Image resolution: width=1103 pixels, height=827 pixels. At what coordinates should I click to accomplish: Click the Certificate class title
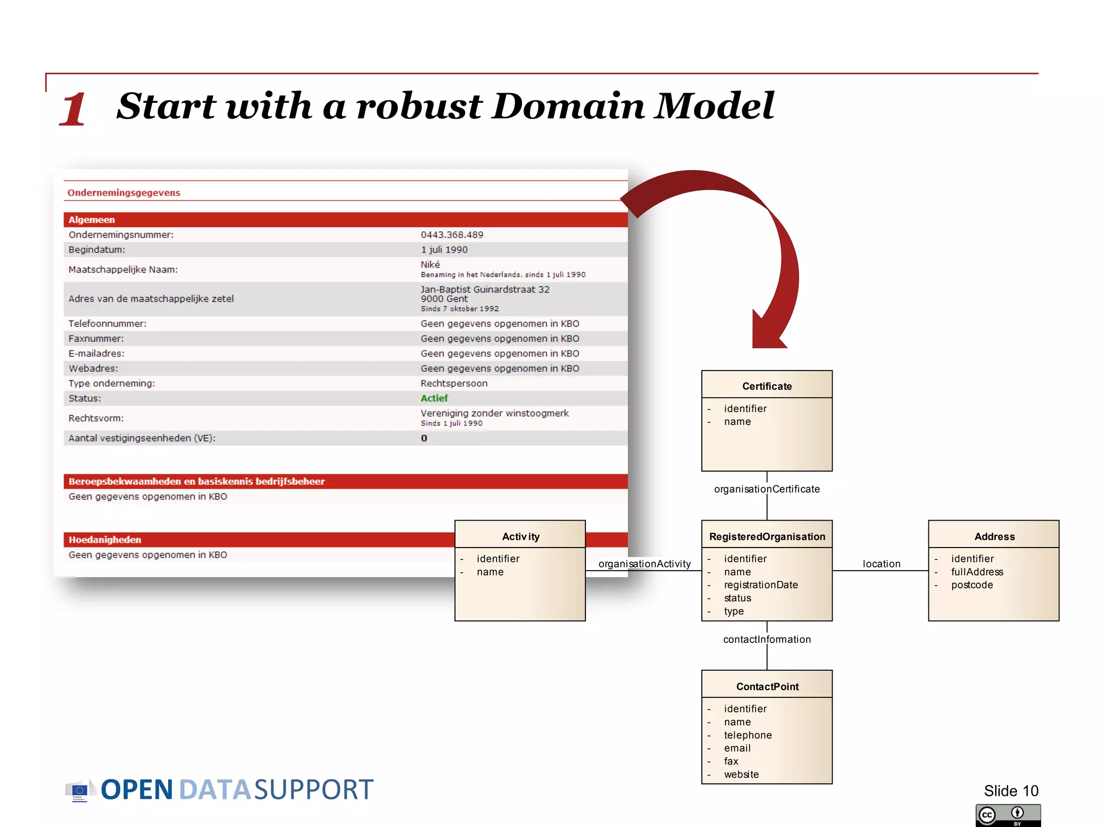(766, 386)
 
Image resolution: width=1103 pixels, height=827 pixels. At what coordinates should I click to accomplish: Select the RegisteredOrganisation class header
(767, 536)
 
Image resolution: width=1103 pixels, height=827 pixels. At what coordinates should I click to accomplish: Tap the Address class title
(994, 536)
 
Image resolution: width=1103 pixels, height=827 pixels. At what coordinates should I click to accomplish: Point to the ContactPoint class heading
(767, 686)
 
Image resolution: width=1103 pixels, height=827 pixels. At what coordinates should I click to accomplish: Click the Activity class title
(520, 536)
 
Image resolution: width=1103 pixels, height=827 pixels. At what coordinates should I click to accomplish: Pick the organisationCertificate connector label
(767, 489)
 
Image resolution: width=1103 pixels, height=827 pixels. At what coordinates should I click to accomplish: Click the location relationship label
(881, 564)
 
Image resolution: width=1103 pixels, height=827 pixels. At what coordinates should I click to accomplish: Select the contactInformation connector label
(767, 639)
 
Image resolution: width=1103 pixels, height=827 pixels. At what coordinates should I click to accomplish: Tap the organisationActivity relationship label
(644, 564)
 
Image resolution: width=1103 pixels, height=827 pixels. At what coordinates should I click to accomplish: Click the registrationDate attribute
(760, 585)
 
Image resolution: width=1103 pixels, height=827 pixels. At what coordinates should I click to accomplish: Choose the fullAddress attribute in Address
(977, 572)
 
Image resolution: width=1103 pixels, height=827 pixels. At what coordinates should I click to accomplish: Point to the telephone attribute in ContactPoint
(748, 735)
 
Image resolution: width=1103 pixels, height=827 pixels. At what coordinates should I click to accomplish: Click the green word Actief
(434, 398)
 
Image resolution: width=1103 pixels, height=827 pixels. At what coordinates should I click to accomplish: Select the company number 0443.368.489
(452, 235)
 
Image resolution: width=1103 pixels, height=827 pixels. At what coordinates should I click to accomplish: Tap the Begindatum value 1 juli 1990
(444, 250)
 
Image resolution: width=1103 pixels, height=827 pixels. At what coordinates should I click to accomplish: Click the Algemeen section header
(92, 220)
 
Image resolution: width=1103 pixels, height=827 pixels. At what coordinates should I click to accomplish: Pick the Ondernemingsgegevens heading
(124, 193)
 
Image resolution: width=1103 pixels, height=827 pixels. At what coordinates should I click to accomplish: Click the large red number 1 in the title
(73, 109)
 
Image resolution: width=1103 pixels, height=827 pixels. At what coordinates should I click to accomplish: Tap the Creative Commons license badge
(1008, 815)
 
